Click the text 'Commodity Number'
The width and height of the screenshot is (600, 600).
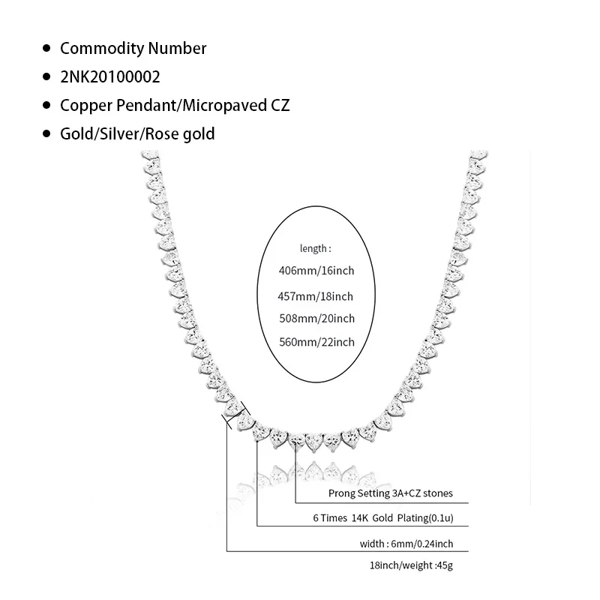pos(133,49)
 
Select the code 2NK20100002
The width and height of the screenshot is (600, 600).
pos(110,77)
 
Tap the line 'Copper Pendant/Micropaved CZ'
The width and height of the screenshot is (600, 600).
pos(175,106)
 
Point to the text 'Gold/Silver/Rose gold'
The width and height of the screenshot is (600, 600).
pos(137,134)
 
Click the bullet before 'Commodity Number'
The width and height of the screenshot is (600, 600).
pos(46,49)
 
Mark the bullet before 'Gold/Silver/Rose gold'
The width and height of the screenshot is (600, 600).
pos(46,134)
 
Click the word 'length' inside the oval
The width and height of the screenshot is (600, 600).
pos(312,248)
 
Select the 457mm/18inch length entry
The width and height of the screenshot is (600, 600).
pos(316,295)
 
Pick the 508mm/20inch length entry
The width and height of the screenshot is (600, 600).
pos(316,319)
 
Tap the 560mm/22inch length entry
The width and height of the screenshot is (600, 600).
pos(316,342)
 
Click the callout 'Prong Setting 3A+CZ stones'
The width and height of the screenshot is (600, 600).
pos(391,493)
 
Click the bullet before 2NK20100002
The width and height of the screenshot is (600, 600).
pos(46,77)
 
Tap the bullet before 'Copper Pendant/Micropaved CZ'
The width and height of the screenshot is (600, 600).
pos(46,106)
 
